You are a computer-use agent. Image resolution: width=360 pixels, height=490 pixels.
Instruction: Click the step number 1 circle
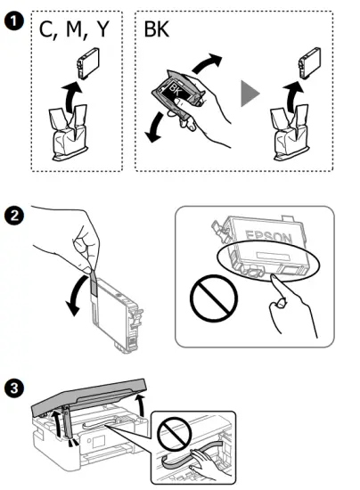(14, 21)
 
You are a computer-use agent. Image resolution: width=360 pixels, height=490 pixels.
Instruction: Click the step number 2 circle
(14, 216)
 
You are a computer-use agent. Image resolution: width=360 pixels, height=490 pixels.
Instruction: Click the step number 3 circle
(14, 388)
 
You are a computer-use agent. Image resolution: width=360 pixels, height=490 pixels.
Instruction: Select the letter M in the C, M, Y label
(74, 29)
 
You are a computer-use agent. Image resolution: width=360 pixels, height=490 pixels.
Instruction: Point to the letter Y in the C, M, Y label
(102, 29)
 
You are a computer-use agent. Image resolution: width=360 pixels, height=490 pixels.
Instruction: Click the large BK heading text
(157, 29)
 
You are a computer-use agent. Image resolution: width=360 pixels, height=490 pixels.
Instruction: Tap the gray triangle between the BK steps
(250, 94)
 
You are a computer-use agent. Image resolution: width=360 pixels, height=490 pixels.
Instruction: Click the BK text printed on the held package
(175, 90)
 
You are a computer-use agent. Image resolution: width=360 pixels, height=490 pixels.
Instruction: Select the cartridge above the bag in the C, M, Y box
(88, 63)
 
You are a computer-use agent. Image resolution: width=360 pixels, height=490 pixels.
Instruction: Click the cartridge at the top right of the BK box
(310, 63)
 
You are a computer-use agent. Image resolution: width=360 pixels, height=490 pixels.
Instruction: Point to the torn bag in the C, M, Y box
(69, 133)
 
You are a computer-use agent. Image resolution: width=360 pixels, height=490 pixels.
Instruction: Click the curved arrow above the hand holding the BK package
(205, 62)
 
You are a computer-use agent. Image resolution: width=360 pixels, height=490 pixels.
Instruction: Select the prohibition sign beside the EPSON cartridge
(214, 298)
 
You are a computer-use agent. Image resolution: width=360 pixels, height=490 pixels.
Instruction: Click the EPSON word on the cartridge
(269, 237)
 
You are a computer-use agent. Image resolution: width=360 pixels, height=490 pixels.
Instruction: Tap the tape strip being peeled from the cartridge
(94, 282)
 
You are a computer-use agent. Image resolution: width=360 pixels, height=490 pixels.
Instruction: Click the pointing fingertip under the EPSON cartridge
(274, 277)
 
